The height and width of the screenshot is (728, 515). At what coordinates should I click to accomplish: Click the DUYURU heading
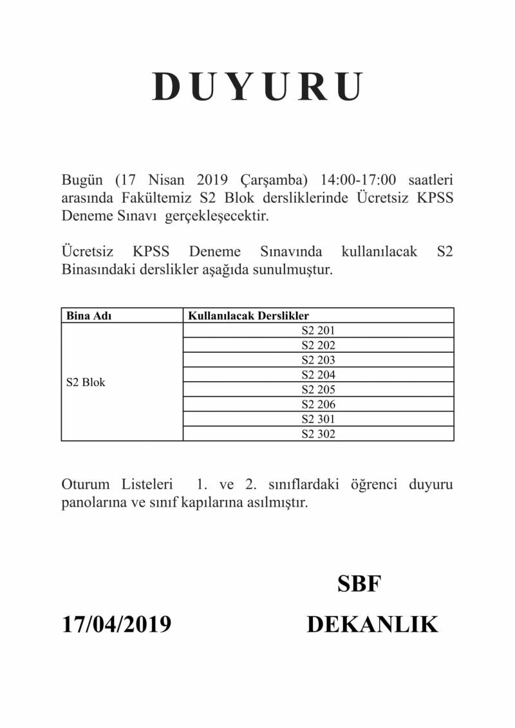click(258, 87)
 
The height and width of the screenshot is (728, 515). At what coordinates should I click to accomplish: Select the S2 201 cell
click(319, 331)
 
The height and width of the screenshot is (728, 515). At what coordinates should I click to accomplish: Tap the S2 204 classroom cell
click(319, 375)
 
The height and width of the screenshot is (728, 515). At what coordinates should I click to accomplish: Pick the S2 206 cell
click(319, 404)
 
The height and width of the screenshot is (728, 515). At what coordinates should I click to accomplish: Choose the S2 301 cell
click(319, 419)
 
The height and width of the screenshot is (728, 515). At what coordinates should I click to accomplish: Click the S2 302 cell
click(319, 434)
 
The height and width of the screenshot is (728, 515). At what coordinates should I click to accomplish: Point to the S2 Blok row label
click(86, 382)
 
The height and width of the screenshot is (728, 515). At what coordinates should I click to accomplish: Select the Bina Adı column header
click(86, 316)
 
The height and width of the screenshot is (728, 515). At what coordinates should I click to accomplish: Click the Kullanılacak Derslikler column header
click(248, 316)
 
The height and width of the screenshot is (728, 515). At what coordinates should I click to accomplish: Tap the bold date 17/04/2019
click(117, 624)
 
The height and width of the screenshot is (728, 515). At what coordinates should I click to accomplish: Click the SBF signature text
click(359, 584)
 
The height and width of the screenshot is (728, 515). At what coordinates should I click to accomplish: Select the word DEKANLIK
click(372, 624)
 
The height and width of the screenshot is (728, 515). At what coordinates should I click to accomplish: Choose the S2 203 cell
click(319, 360)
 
